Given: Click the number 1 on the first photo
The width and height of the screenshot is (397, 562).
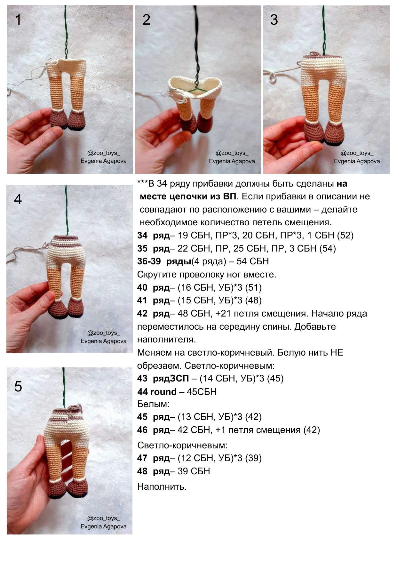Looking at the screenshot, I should click(18, 20).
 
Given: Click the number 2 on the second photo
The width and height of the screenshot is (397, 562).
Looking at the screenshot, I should click(146, 20).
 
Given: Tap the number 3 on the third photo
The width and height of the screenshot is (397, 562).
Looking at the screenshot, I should click(274, 20).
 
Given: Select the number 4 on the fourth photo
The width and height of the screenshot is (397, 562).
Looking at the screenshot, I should click(18, 199).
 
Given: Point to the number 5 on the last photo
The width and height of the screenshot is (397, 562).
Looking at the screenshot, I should click(18, 386).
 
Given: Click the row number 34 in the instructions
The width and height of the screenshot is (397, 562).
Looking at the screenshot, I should click(142, 236).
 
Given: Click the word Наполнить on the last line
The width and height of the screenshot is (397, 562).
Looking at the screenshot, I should click(162, 486).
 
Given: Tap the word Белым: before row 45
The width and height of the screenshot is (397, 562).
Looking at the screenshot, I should click(153, 404).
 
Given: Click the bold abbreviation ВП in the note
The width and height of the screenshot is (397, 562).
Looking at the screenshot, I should click(229, 197).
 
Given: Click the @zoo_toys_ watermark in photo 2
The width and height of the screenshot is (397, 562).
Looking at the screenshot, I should click(232, 153).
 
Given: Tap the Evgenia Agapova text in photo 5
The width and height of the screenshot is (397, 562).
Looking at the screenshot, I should click(103, 526).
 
